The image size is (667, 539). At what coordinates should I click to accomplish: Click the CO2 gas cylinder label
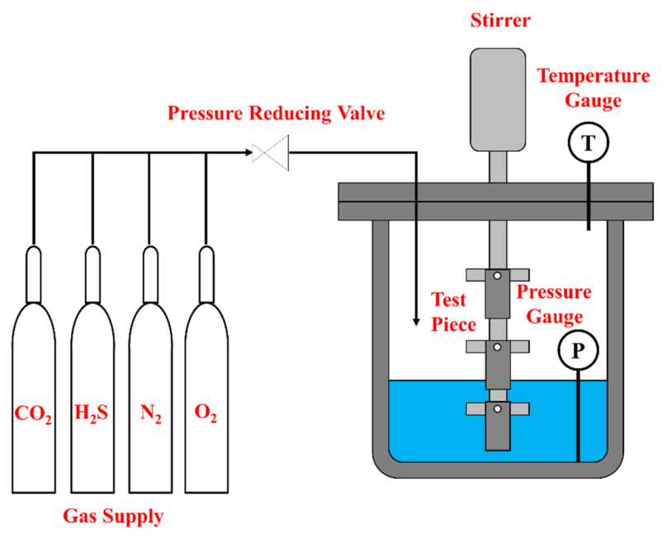point(33,414)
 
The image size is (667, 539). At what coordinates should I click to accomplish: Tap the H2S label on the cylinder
point(92,413)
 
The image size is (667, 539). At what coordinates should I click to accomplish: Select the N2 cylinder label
point(151,414)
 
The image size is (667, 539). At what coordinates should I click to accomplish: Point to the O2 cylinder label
point(206,414)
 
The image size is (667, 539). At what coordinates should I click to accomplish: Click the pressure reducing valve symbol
point(271,153)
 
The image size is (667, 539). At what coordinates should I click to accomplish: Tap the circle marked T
point(589,143)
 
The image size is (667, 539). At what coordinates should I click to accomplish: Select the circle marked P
point(578,350)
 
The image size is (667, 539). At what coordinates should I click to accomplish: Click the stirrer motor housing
point(498,100)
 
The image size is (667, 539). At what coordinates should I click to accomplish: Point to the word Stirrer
point(500,21)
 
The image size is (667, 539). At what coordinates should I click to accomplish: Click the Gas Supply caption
point(113,517)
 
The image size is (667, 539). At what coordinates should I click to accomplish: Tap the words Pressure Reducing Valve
point(276,113)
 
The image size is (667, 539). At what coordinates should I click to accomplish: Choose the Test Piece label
point(453,312)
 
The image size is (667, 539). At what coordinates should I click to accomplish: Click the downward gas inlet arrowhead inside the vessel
point(416,322)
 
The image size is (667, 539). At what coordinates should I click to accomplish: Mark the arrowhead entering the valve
point(248,153)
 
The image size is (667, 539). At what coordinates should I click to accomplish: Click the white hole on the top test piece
point(497,276)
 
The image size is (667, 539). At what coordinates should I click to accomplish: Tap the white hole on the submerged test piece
point(497,409)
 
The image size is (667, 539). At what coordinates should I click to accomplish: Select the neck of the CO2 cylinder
point(34,274)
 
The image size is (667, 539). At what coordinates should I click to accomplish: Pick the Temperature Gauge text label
point(594,88)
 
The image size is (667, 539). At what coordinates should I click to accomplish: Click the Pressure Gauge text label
point(554,305)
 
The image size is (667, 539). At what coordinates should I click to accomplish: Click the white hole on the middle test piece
point(497,348)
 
